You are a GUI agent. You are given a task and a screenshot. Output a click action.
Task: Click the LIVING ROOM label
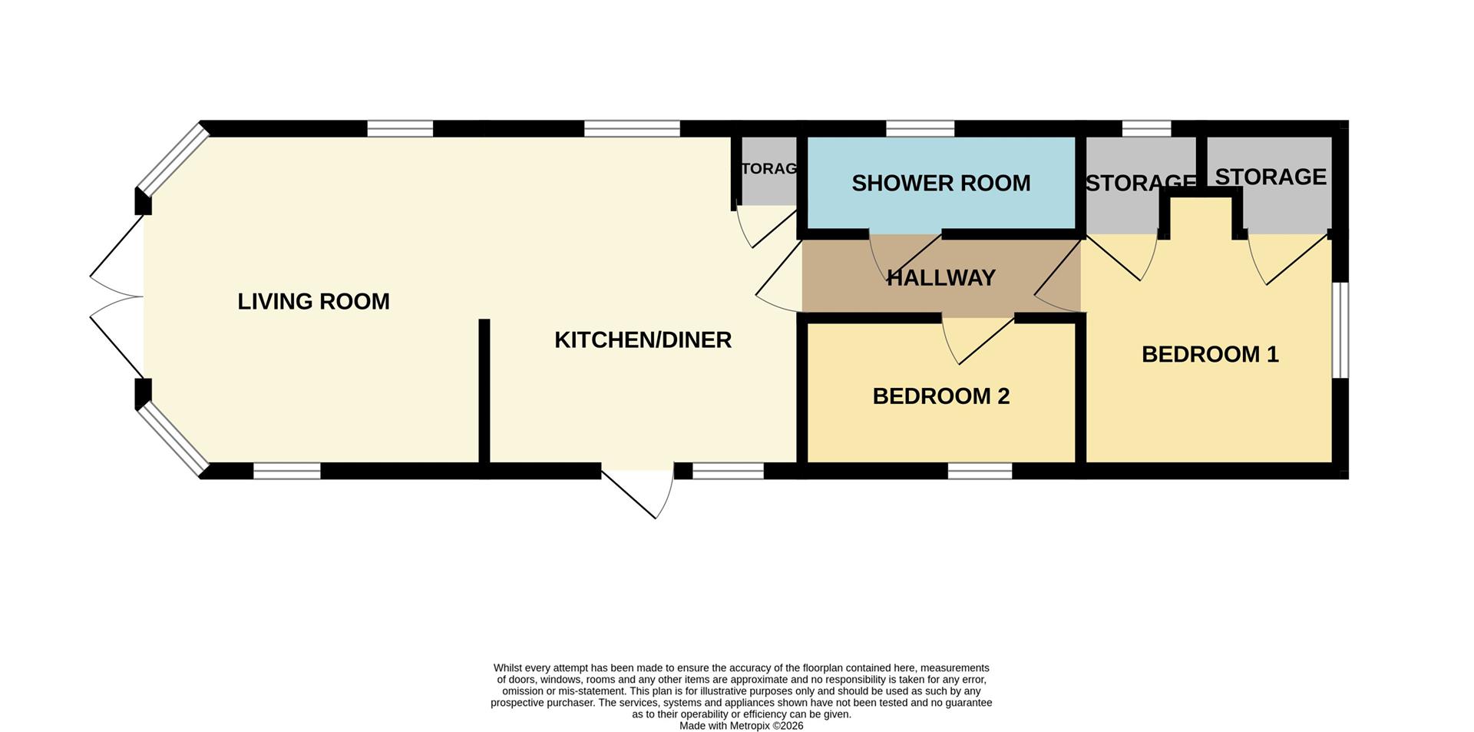pos(313,302)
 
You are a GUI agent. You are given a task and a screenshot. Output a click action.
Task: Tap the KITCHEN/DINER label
pos(643,340)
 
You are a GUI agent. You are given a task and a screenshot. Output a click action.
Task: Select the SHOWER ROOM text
pos(940,184)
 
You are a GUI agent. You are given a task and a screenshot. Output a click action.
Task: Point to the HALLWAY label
pos(940,278)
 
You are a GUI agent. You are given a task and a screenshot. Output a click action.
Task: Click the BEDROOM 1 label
pos(1210,355)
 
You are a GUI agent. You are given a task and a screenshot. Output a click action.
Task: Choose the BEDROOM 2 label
pos(940,396)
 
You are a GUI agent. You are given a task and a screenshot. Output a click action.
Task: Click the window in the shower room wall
pos(920,128)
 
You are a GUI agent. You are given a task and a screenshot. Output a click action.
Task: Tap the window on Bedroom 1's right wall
pos(1340,330)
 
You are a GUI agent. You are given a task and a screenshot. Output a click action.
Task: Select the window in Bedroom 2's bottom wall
pos(980,471)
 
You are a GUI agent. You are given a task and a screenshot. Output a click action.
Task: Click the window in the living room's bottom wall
pos(287,471)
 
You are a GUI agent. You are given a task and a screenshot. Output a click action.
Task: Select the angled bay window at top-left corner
pos(173,160)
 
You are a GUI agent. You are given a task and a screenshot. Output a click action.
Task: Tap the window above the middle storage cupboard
pos(1147,128)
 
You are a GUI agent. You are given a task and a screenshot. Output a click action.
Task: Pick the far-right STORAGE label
pos(1271,177)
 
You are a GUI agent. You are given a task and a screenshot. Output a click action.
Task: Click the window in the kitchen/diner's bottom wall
pos(729,471)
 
